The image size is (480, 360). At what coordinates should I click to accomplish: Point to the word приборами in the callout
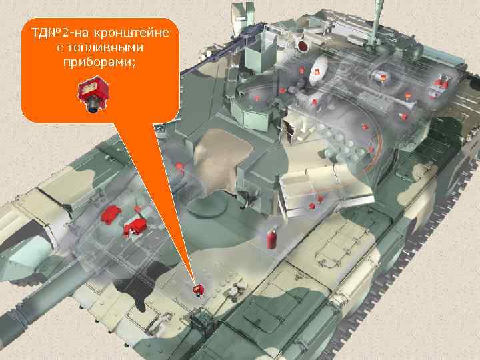100,63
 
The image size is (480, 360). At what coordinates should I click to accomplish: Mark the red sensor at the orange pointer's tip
197,289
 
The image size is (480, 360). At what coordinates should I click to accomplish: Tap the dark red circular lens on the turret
303,46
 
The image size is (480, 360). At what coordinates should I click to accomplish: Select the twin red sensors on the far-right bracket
440,83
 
